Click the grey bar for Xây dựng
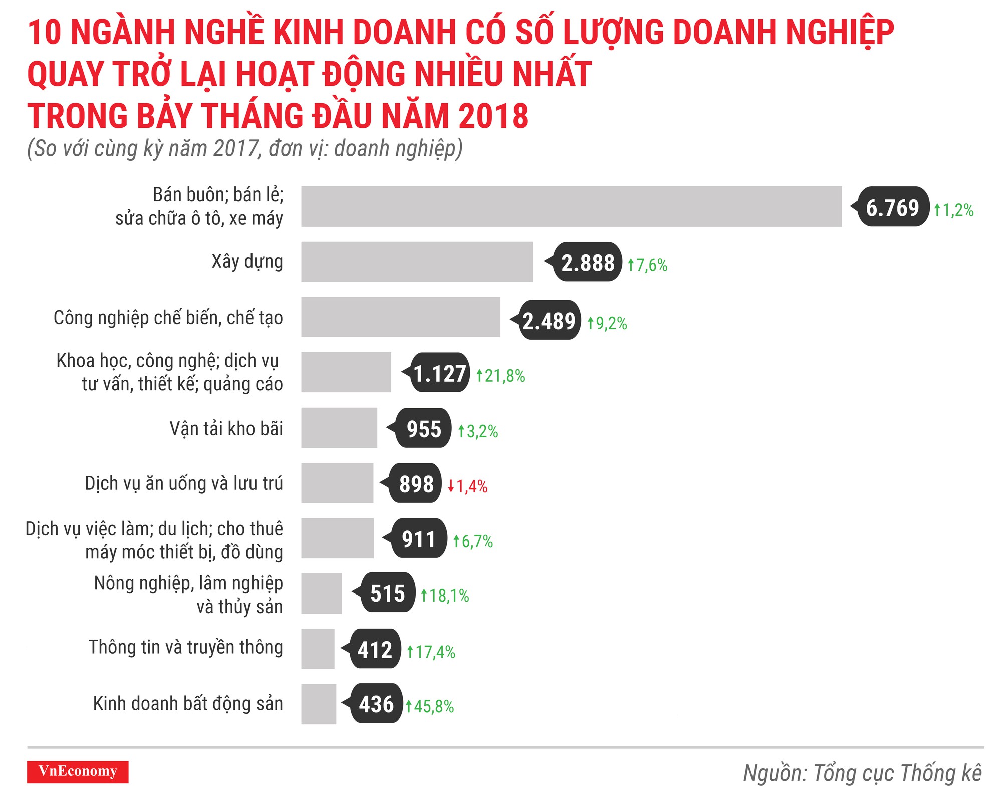pyautogui.click(x=416, y=262)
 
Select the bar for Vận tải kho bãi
pyautogui.click(x=339, y=428)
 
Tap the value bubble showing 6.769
pyautogui.click(x=893, y=207)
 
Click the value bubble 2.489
pyautogui.click(x=549, y=321)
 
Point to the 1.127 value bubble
pyautogui.click(x=440, y=373)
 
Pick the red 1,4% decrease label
pyautogui.click(x=468, y=486)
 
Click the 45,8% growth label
pyautogui.click(x=430, y=706)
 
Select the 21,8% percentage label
pyautogui.click(x=500, y=376)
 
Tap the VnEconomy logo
pyautogui.click(x=78, y=771)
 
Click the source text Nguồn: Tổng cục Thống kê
pyautogui.click(x=862, y=773)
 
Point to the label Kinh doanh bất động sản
pyautogui.click(x=188, y=703)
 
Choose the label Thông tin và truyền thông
pyautogui.click(x=186, y=647)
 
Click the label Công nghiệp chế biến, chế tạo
pyautogui.click(x=168, y=318)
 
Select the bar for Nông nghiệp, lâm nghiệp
pyautogui.click(x=321, y=593)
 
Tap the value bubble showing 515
pyautogui.click(x=387, y=593)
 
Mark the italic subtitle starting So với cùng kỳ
pyautogui.click(x=244, y=149)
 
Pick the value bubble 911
pyautogui.click(x=419, y=539)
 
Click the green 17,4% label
pyautogui.click(x=431, y=652)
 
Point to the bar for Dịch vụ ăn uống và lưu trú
pyautogui.click(x=337, y=483)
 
